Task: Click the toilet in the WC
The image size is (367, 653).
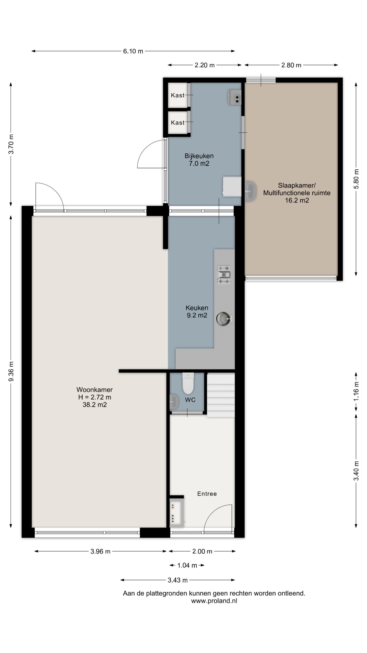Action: (x=188, y=383)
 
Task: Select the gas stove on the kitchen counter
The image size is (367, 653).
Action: (x=224, y=275)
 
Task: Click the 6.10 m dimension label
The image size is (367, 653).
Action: (x=133, y=51)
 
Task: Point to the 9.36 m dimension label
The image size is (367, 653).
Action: (x=11, y=371)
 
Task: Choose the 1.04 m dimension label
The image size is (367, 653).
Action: (x=187, y=566)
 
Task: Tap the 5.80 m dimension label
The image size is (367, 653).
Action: (x=356, y=179)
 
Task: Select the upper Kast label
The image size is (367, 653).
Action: (x=178, y=95)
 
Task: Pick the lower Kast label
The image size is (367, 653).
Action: (x=178, y=123)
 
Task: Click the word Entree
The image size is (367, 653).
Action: (x=207, y=494)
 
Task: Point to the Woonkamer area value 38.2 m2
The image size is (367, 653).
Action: (x=95, y=405)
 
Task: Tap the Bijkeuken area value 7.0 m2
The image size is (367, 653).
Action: (x=199, y=164)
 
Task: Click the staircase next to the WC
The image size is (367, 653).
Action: (x=221, y=395)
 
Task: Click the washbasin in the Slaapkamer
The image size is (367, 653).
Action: (x=251, y=191)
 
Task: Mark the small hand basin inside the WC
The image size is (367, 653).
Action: (x=174, y=402)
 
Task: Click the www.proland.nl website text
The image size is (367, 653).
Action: (x=214, y=601)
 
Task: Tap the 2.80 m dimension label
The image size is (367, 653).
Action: (x=291, y=65)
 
